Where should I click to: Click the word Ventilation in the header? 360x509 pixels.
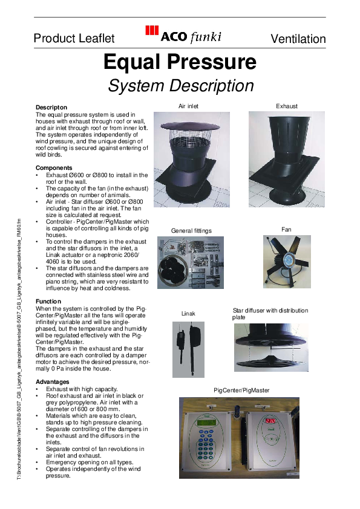click(x=298, y=39)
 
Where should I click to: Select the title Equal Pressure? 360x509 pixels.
click(x=180, y=62)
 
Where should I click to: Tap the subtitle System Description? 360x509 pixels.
click(x=180, y=86)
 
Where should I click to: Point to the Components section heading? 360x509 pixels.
click(x=54, y=167)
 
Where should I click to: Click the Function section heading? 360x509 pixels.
click(x=48, y=301)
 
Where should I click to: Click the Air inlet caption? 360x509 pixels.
click(x=188, y=106)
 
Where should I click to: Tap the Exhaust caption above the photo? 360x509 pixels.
click(x=287, y=106)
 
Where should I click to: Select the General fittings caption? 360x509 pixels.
click(x=192, y=230)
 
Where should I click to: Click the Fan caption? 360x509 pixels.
click(x=286, y=230)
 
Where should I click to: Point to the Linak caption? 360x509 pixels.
click(x=189, y=313)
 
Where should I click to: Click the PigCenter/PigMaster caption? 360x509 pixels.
click(x=241, y=391)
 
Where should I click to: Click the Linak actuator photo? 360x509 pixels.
click(x=188, y=345)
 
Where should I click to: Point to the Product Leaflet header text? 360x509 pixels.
click(x=74, y=39)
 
